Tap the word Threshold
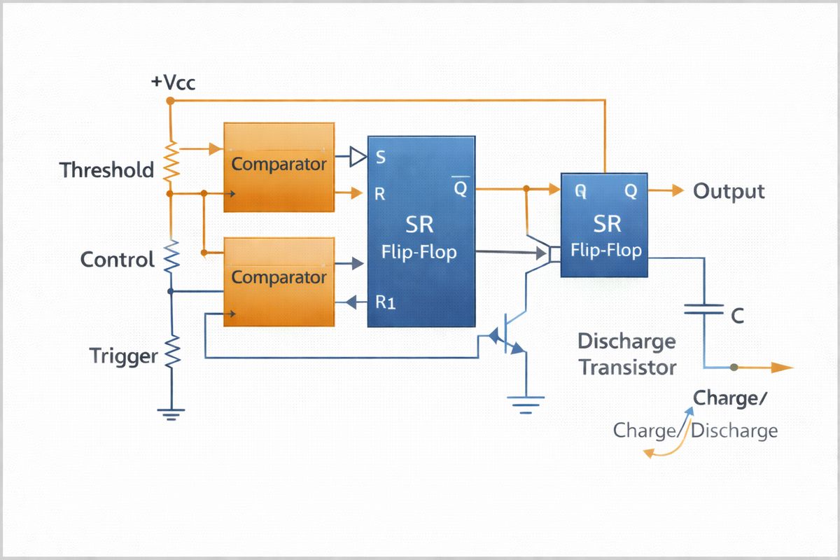click(106, 170)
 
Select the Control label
click(117, 260)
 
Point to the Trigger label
click(124, 356)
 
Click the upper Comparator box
click(279, 167)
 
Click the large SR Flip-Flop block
click(421, 231)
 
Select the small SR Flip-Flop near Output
click(606, 225)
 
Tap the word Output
click(729, 191)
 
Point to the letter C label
click(736, 317)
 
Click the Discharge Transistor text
click(627, 354)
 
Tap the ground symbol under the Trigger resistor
click(171, 412)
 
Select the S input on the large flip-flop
click(381, 157)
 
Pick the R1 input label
click(386, 302)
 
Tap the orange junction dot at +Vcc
click(170, 101)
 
